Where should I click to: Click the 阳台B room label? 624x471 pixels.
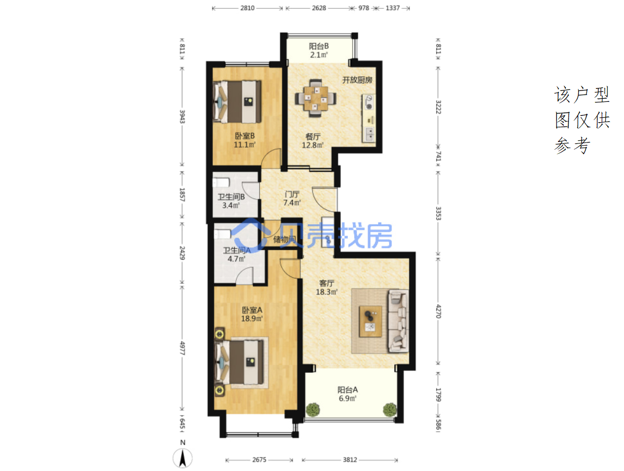click(x=319, y=46)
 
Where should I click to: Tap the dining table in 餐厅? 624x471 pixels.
click(x=316, y=98)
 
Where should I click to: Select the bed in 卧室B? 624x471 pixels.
click(x=237, y=102)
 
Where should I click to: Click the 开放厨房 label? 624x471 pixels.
click(x=357, y=80)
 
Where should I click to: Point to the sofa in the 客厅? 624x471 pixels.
click(x=398, y=321)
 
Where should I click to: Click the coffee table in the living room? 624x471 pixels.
click(x=370, y=321)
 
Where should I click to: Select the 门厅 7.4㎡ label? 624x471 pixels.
click(x=292, y=199)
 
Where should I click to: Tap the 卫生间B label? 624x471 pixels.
click(x=231, y=197)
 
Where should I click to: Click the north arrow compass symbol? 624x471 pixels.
click(x=183, y=458)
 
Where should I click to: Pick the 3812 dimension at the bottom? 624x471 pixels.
click(x=349, y=460)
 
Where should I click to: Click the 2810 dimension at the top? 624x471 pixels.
click(x=248, y=8)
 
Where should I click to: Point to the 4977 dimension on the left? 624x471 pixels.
click(x=182, y=348)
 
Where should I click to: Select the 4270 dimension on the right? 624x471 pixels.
click(x=438, y=311)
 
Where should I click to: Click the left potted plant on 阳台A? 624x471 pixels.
click(x=313, y=410)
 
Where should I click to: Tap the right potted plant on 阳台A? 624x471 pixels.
click(x=390, y=410)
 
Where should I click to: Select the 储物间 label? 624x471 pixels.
click(x=284, y=240)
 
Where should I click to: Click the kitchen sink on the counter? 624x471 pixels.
click(x=369, y=134)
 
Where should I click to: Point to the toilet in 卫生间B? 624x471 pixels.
click(x=221, y=182)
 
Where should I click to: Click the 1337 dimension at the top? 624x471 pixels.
click(x=393, y=8)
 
